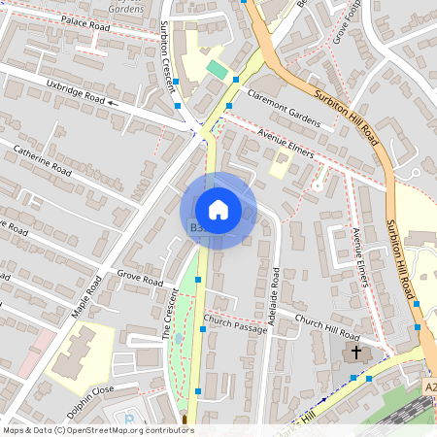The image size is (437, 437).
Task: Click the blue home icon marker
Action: tap(218, 210)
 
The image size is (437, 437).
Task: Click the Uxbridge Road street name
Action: tap(74, 91)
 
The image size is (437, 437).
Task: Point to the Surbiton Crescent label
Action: tap(169, 56)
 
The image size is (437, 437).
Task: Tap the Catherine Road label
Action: tap(42, 157)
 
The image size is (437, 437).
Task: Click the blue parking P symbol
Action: tap(131, 420)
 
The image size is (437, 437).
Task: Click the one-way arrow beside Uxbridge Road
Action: tap(114, 100)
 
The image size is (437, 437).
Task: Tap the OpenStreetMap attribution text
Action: tap(98, 429)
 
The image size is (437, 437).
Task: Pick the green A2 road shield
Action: tap(429, 387)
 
